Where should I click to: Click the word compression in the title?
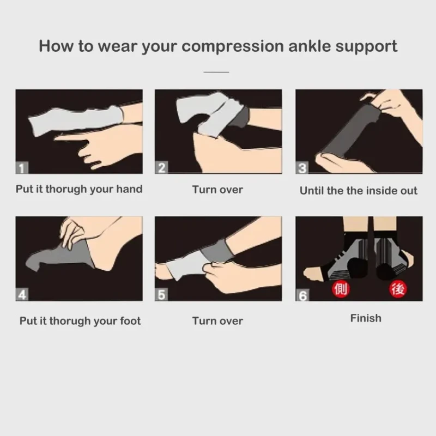point(233,46)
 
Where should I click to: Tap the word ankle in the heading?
point(310,46)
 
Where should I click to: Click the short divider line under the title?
point(216,72)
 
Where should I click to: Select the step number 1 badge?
point(22,168)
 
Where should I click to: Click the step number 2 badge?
point(161,168)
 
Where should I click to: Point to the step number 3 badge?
point(302,168)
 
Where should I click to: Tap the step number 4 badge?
point(22,295)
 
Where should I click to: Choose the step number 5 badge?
point(161,295)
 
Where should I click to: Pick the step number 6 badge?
point(302,295)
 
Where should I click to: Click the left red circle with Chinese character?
point(341,289)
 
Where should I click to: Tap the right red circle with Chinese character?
point(398,289)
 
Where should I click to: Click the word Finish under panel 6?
point(366,318)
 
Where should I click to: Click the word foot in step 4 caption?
point(130,321)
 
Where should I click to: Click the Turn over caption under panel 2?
point(217,190)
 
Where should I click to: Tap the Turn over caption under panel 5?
point(217,321)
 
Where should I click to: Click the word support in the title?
point(366,47)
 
